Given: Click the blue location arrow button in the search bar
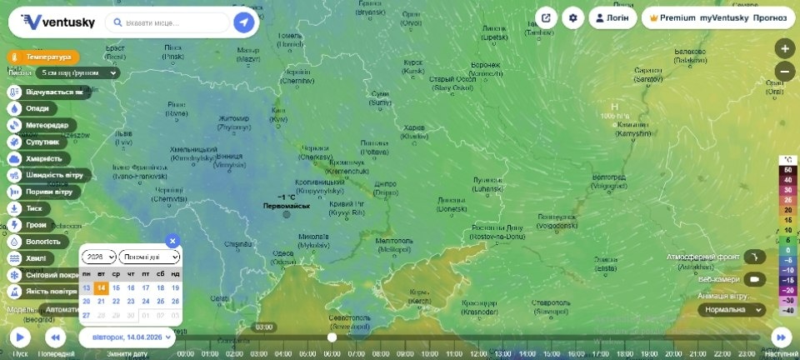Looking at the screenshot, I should point(244,22).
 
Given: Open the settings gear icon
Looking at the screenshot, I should point(572,17).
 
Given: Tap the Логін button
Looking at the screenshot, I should point(612,17).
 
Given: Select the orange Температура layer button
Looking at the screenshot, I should point(43,57).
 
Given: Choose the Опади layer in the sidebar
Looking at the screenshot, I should point(37,107).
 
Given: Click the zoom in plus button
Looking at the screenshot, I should point(784,47).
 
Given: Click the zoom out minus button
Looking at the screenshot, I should point(784,71).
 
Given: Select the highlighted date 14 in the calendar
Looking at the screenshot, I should point(101,287).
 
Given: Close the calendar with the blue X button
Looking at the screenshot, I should point(172,241).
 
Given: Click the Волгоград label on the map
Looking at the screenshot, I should point(608,177).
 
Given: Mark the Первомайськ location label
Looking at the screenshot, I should point(286,206).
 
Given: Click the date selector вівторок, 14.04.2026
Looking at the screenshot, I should point(127,337).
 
